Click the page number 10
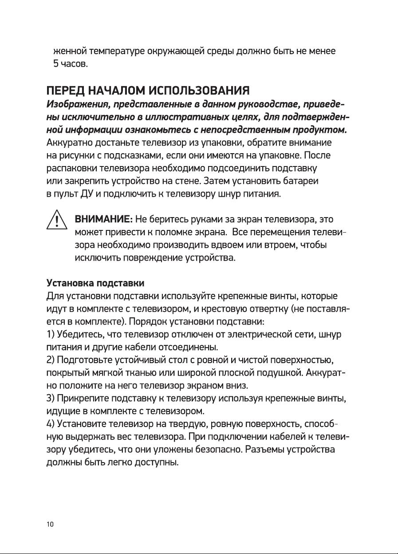(50, 524)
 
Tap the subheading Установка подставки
(95, 283)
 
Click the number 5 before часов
(56, 64)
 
